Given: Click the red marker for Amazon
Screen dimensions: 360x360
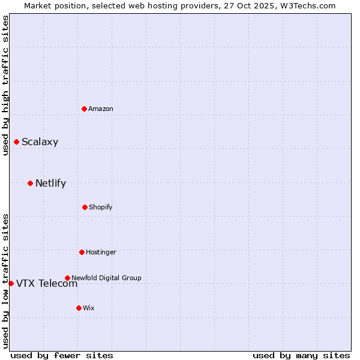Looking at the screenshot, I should [x=84, y=109].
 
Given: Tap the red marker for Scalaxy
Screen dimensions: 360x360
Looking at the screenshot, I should [x=16, y=142].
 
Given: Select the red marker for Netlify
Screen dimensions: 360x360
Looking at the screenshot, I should [x=30, y=183].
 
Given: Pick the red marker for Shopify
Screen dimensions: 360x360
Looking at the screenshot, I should [x=85, y=207].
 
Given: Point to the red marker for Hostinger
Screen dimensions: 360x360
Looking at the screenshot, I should [x=82, y=252].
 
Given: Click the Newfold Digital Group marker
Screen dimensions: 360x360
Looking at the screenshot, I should [x=67, y=278].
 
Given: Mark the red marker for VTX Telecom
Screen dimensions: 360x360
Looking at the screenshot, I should [x=11, y=283].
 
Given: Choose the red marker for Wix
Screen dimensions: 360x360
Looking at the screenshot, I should [x=79, y=308].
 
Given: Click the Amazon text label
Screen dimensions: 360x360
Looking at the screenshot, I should [x=101, y=109].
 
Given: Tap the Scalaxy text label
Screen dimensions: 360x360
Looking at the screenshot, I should [x=40, y=142].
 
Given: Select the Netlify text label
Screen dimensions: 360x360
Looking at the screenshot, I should [x=50, y=184].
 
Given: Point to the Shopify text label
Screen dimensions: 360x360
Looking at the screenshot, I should [x=101, y=207].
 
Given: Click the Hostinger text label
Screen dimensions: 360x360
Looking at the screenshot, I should [x=101, y=252].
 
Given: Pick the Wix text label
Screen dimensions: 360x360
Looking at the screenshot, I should [x=89, y=308].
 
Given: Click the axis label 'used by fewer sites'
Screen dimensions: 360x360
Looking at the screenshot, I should [x=62, y=355].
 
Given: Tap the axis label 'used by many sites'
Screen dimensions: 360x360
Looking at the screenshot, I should [x=301, y=355].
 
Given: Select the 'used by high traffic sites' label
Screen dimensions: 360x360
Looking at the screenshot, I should [x=5, y=85].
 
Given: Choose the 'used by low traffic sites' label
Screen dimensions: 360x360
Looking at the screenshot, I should [x=5, y=281].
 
